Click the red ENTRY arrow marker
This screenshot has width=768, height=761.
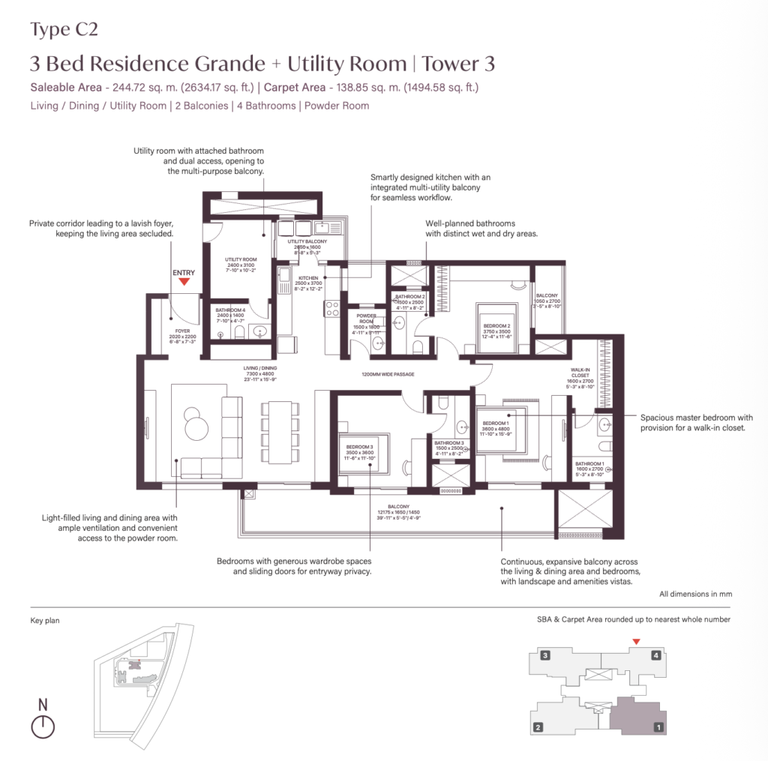(184, 282)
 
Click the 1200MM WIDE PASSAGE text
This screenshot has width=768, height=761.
(388, 374)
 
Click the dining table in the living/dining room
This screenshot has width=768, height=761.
(278, 433)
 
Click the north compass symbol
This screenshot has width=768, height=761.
(43, 725)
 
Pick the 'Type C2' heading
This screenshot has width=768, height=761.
(64, 30)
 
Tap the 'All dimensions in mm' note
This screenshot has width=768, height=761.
(695, 594)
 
